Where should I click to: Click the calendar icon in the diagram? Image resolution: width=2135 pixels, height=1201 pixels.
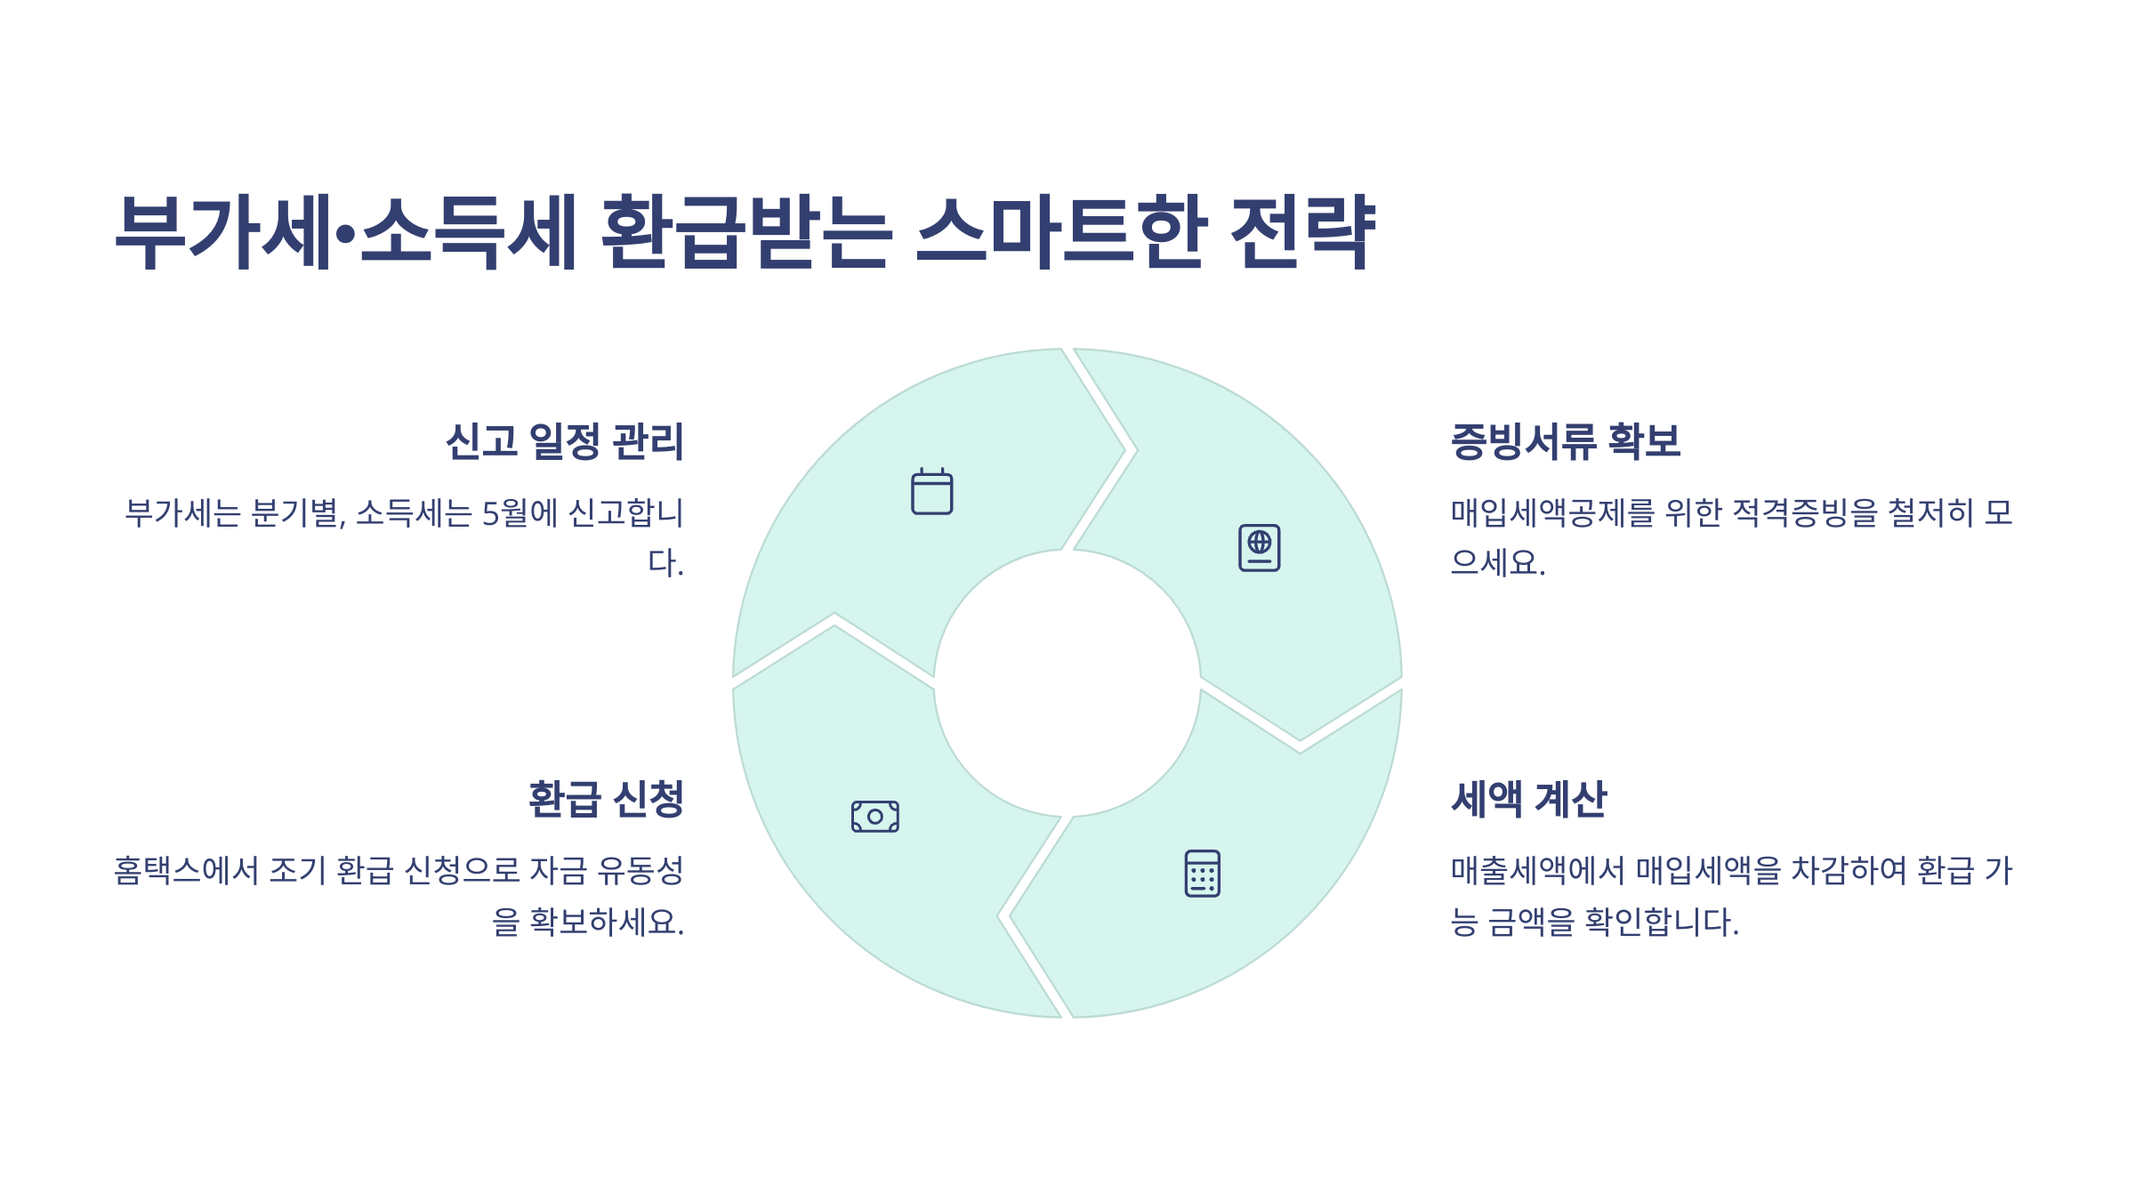point(931,492)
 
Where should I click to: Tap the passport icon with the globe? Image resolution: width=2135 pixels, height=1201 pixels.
point(1259,547)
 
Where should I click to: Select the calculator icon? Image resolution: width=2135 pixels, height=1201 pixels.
point(1202,873)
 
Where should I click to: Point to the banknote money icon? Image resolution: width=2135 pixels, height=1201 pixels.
point(874,816)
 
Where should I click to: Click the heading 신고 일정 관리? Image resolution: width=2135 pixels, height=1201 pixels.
point(564,441)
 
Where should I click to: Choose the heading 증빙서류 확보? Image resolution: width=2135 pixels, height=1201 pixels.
point(1565,441)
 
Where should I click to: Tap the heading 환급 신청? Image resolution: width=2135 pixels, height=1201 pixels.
point(606,799)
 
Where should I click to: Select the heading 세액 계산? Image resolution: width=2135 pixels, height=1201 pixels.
point(1528,799)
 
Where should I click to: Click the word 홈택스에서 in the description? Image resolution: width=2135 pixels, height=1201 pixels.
point(186,870)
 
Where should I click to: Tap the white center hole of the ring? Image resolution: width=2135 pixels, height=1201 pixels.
point(1067,683)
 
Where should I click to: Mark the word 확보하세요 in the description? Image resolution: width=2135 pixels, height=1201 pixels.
point(606,922)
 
